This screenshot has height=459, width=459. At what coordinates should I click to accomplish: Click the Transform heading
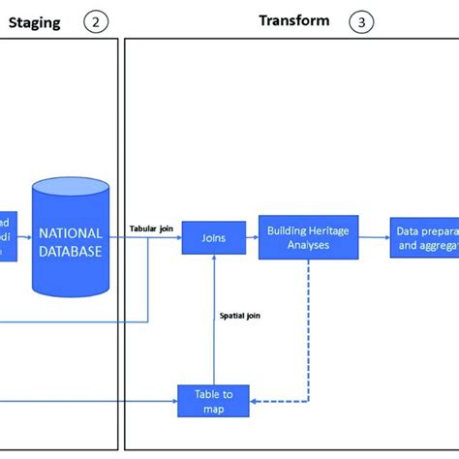[x=293, y=20]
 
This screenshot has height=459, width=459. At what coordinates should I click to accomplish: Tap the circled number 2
[x=95, y=21]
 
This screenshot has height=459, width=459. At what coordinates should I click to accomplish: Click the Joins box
[x=213, y=237]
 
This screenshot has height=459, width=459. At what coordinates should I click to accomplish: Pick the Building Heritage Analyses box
[x=308, y=237]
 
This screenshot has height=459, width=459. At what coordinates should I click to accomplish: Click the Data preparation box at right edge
[x=424, y=237]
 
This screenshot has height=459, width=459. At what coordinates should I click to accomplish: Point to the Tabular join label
[x=150, y=229]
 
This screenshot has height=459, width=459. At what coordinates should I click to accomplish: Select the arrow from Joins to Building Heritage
[x=252, y=237]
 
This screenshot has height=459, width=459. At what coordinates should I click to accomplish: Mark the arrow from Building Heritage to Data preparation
[x=374, y=237]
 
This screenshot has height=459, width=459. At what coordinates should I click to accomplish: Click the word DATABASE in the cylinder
[x=70, y=250]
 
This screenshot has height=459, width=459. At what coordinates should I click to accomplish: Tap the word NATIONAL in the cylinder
[x=70, y=232]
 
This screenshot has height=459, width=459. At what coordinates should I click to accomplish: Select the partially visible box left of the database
[x=8, y=235]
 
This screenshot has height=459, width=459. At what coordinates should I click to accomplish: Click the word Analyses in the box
[x=308, y=245]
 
